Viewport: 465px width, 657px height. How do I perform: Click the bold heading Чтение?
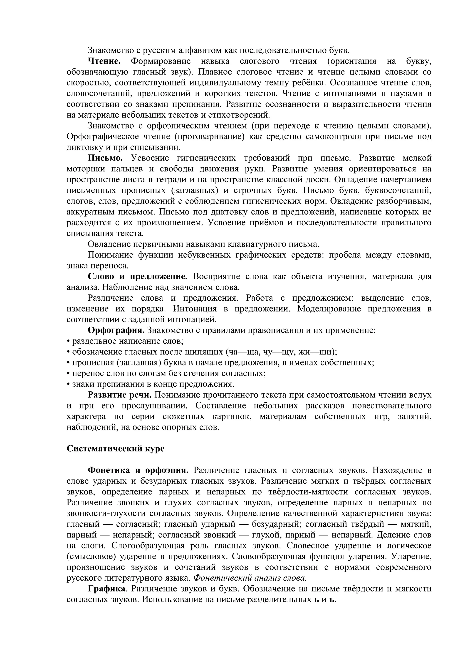coord(104,61)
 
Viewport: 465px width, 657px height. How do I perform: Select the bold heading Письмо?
coord(105,158)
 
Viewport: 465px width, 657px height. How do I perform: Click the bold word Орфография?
coord(116,330)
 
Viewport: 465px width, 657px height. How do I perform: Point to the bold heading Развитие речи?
coord(119,395)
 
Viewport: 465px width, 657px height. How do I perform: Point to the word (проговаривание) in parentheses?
coord(209,136)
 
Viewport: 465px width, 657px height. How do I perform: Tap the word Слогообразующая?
coord(148,546)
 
